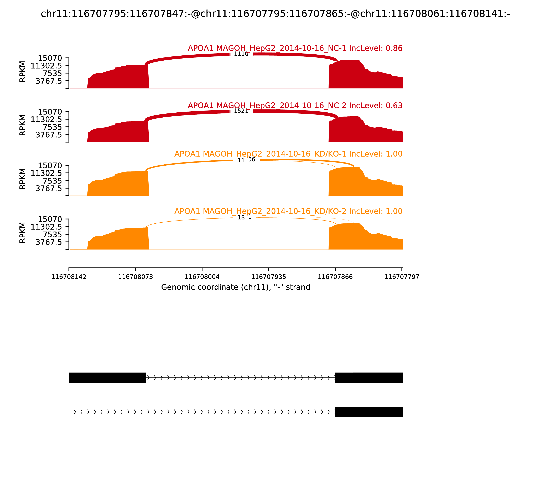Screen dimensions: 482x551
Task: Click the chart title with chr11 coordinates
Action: pyautogui.click(x=275, y=14)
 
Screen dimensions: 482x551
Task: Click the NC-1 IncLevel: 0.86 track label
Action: pyautogui.click(x=295, y=48)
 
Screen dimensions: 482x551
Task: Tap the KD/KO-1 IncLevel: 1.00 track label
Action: pyautogui.click(x=288, y=154)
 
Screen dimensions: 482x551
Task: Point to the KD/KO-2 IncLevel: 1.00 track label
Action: pyautogui.click(x=288, y=211)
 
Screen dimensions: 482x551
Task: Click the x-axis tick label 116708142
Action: pyautogui.click(x=69, y=277)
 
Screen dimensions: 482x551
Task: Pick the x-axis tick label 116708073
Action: pyautogui.click(x=135, y=277)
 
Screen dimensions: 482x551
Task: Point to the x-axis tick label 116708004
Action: pyautogui.click(x=202, y=277)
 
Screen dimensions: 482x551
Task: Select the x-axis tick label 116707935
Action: pyautogui.click(x=268, y=277)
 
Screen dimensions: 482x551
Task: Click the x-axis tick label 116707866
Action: pyautogui.click(x=335, y=277)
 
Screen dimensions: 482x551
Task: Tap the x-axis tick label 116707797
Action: pyautogui.click(x=402, y=277)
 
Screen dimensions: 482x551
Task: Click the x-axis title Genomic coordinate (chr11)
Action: pyautogui.click(x=236, y=287)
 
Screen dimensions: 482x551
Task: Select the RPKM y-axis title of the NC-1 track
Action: pyautogui.click(x=23, y=72)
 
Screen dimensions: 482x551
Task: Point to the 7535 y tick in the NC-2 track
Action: pyautogui.click(x=53, y=127)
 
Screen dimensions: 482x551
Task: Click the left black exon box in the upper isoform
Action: pyautogui.click(x=107, y=378)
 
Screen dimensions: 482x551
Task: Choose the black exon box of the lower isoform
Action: pyautogui.click(x=369, y=412)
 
